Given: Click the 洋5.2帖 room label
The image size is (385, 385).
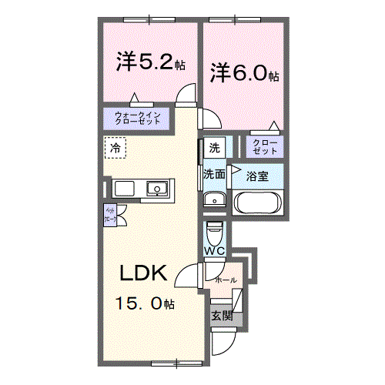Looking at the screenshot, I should coord(151,62).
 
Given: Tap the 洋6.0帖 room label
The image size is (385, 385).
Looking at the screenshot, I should coord(244,73).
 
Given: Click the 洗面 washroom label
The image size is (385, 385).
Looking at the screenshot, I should coord(214,175).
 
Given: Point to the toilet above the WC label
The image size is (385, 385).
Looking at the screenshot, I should coord(215,231).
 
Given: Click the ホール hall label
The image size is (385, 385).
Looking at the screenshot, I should coord(226,280).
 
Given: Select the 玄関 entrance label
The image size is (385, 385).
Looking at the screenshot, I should coord(220,315).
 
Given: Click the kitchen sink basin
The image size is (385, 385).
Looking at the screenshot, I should coord(158,189).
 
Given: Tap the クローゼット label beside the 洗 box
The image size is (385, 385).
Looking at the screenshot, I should coord(263,146).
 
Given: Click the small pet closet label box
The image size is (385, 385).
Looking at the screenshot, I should coord(110,214).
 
